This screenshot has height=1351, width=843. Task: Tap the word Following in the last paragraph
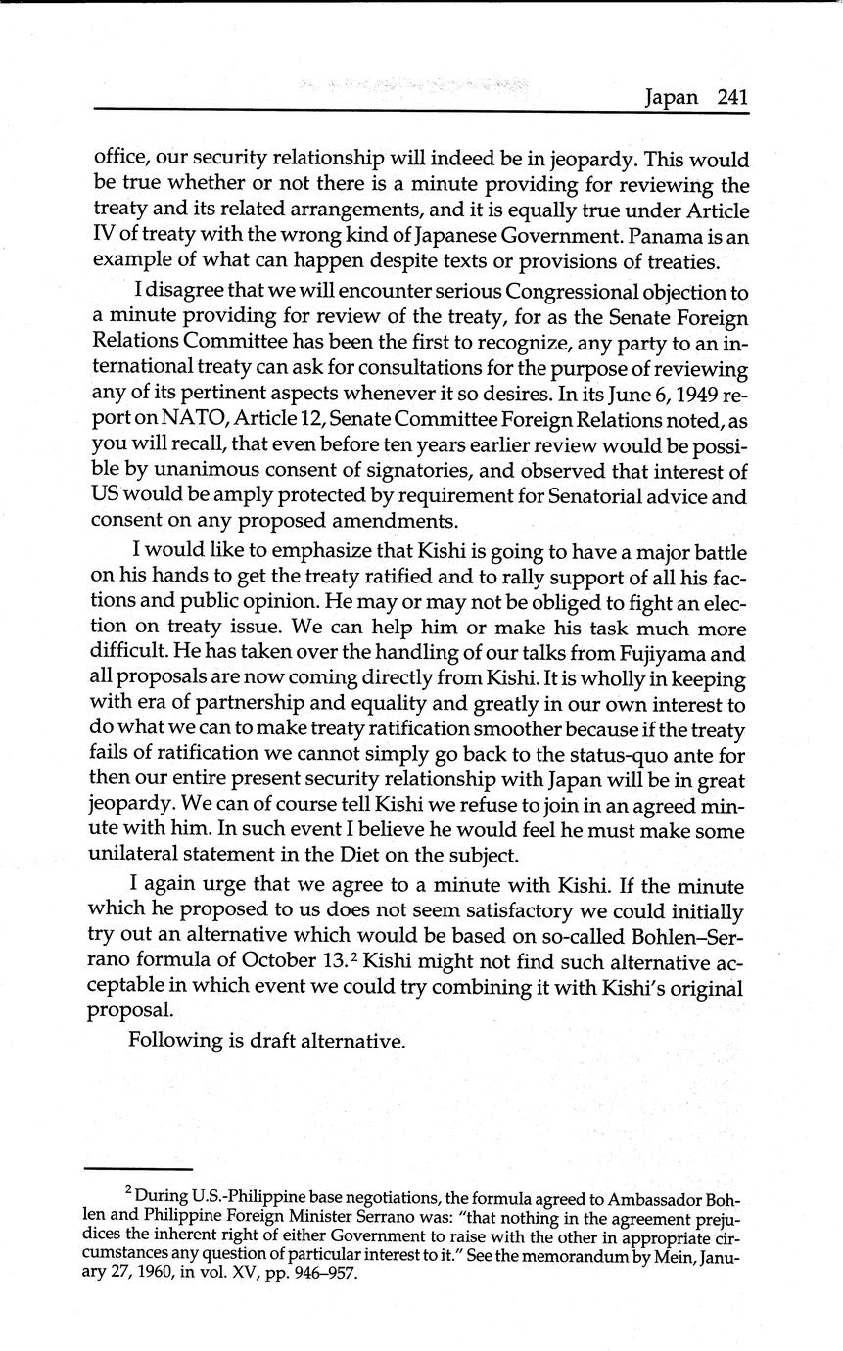174,1040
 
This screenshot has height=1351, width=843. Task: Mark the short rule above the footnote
137,1169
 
